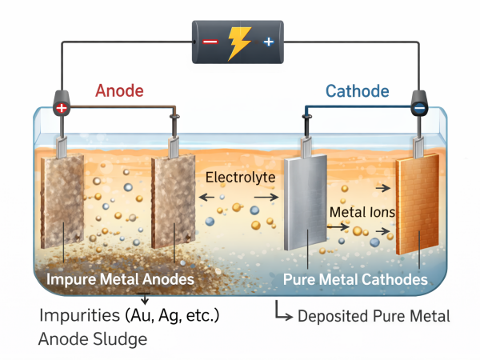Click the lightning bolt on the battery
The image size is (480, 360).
238,41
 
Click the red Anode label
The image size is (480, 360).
119,90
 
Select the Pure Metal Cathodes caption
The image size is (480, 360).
355,280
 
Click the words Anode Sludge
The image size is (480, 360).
93,338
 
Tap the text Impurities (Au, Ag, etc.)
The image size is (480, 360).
129,314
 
